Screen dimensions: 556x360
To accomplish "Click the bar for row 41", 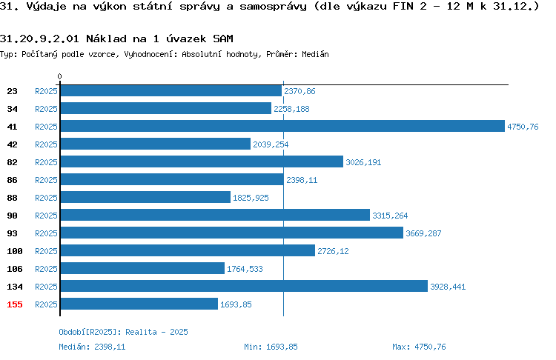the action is (282, 126).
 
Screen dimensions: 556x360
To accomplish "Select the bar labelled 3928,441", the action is (244, 286).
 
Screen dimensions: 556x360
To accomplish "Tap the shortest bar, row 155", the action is (139, 304).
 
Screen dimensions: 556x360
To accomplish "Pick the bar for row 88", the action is (145, 197).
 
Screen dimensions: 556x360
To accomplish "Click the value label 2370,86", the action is (299, 91).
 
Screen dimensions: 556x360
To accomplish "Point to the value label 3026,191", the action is (363, 162).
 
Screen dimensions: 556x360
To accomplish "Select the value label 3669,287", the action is (423, 233).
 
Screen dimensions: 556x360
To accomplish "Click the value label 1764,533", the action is (245, 269).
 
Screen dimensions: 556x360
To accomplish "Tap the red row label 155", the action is (15, 304).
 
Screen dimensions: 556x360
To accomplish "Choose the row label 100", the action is (15, 251).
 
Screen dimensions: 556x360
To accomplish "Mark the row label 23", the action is (12, 91).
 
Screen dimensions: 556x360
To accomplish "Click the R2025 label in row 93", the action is (46, 233).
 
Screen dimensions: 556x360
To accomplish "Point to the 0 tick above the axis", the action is (59, 76).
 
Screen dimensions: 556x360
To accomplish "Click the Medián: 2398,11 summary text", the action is (92, 347).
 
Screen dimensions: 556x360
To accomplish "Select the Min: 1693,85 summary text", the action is (271, 347).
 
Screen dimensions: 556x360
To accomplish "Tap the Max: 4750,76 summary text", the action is (419, 347).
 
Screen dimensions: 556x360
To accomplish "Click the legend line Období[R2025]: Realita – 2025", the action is (123, 332).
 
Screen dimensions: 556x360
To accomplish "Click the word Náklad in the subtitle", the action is (106, 39).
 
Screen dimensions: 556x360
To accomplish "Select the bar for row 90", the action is (215, 215).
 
